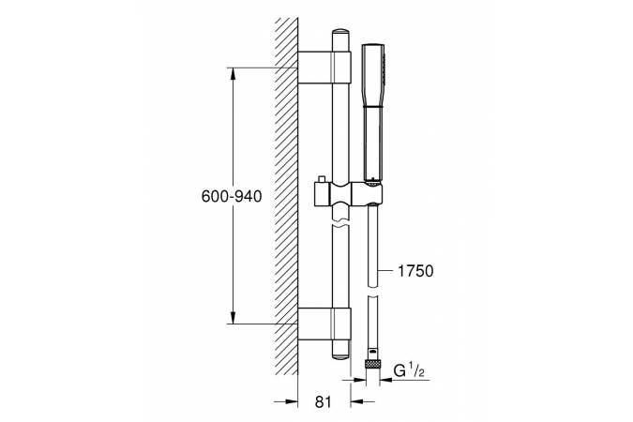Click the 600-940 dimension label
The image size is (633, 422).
232,196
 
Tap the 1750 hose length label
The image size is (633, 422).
415,271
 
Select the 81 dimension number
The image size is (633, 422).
323,401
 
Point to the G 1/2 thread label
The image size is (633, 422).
409,371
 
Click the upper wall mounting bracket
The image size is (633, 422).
324,68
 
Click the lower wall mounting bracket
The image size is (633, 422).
324,324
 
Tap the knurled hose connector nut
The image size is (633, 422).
372,364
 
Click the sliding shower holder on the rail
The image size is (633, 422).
347,194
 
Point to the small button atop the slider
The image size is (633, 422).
323,179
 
